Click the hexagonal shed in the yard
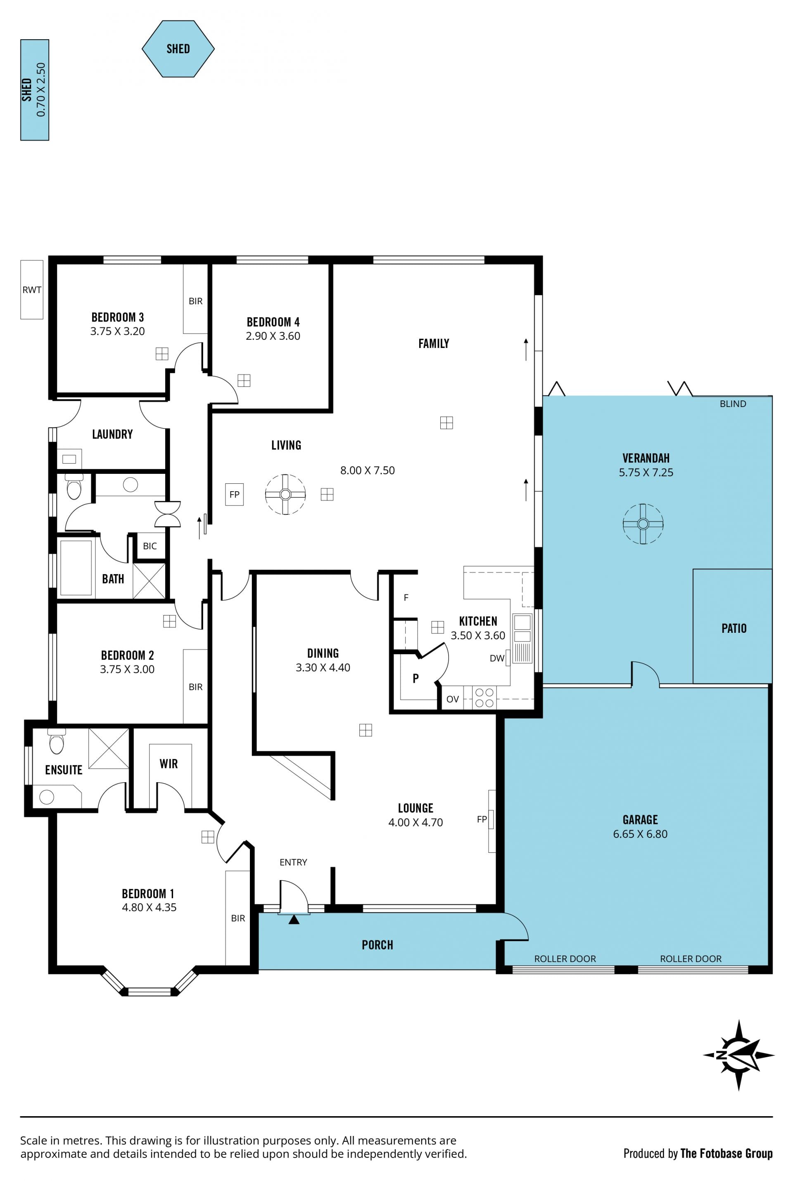[178, 49]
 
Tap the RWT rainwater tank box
[32, 289]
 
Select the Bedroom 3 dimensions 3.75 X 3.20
[117, 331]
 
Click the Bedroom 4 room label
[273, 322]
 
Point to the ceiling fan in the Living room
[285, 494]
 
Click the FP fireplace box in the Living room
[234, 494]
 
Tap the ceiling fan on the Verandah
[643, 523]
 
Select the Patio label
[734, 628]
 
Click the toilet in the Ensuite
[57, 741]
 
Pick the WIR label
[169, 764]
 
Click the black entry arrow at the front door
[294, 920]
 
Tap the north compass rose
[738, 1055]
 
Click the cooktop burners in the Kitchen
[484, 697]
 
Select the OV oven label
[453, 699]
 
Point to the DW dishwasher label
[497, 658]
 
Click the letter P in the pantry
[416, 678]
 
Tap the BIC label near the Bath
[150, 546]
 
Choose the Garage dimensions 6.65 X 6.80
[640, 834]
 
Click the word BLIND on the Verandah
[733, 404]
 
